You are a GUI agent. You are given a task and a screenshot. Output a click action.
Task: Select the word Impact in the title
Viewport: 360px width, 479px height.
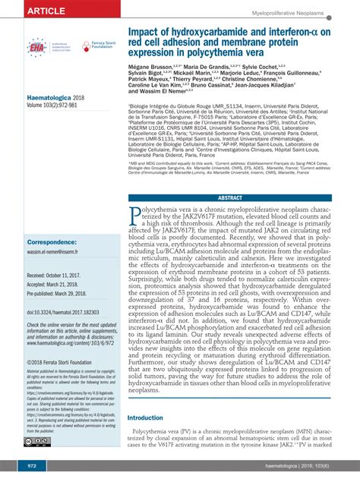(x=147, y=33)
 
